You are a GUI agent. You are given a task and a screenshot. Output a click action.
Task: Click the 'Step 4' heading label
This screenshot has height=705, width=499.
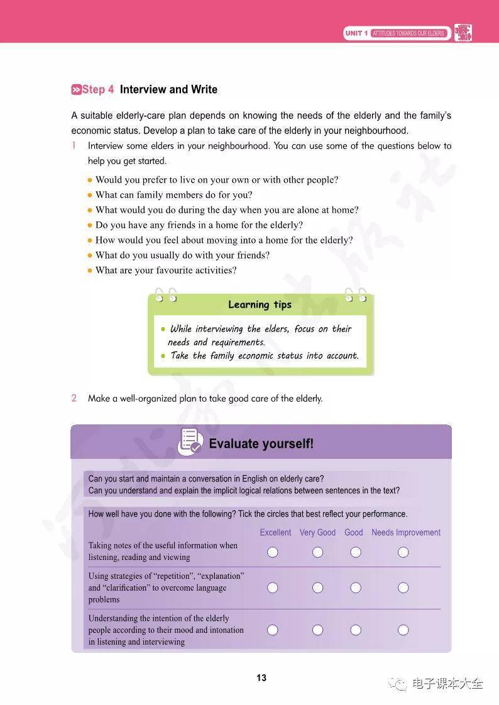[98, 90]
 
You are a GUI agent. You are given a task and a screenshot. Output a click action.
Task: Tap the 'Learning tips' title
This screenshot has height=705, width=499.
[260, 304]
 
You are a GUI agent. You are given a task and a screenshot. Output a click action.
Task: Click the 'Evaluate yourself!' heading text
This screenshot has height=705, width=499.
[261, 444]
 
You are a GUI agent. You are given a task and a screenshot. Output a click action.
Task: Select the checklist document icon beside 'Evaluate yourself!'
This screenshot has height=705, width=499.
[190, 441]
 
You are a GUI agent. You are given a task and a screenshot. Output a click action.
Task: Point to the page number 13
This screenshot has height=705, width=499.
[261, 678]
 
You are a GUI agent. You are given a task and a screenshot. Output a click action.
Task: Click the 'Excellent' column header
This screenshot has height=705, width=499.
[275, 532]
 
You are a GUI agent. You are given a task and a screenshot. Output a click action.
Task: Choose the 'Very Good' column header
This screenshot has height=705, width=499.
[317, 532]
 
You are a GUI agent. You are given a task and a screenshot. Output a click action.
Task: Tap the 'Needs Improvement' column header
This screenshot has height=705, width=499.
[405, 532]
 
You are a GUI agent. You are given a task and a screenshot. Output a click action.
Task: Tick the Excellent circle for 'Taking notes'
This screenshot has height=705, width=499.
[272, 552]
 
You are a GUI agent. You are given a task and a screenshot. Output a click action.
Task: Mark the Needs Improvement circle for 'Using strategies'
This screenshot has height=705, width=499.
[403, 588]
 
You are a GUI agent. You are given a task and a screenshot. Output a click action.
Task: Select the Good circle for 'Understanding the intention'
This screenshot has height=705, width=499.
[356, 630]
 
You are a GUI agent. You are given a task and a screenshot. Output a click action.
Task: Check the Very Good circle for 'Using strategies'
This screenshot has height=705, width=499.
[317, 588]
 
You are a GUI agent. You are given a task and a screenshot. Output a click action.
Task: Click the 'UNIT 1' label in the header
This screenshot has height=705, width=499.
[356, 33]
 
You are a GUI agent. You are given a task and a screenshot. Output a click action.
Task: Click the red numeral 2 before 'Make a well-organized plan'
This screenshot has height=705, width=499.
[74, 398]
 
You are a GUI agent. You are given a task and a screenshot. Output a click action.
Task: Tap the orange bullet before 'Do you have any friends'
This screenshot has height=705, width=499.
[90, 225]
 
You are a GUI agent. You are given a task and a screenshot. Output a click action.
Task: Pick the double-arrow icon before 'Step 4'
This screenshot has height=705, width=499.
[76, 90]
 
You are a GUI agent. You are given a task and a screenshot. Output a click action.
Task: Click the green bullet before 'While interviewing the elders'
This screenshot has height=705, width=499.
[163, 329]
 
